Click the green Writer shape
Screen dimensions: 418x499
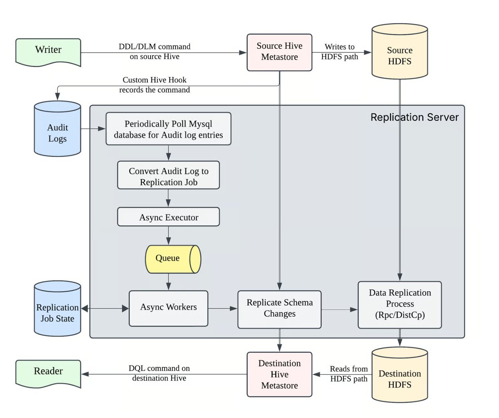coord(48,51)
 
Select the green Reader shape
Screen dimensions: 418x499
coord(48,373)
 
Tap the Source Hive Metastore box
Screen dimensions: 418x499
coord(279,52)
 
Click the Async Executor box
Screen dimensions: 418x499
coord(168,217)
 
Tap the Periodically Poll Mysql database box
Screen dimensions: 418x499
coord(168,129)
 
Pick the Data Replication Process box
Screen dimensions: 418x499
coord(399,304)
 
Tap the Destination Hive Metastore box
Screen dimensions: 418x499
coord(279,374)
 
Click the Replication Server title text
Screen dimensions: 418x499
coord(414,117)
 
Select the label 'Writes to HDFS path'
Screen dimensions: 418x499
coord(339,52)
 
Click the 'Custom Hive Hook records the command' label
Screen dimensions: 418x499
coord(154,85)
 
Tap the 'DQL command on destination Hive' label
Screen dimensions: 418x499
coord(159,373)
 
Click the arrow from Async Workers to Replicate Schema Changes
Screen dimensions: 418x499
coord(222,308)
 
